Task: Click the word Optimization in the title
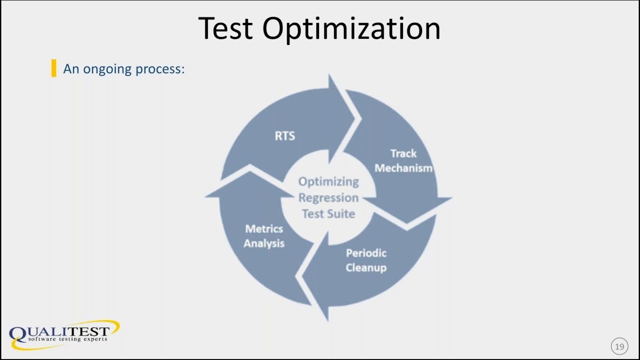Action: [351, 29]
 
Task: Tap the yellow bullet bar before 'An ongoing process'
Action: [53, 68]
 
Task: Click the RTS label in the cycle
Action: [284, 135]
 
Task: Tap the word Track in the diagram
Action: [403, 153]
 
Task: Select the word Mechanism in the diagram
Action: [403, 168]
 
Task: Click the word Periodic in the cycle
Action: [366, 253]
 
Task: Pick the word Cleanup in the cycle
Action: [366, 267]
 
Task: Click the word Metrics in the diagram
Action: [264, 229]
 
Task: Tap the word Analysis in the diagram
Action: [264, 243]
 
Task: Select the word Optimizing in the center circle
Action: [328, 181]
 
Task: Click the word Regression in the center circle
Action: [328, 197]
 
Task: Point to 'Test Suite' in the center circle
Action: [328, 213]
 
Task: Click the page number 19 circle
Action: [619, 346]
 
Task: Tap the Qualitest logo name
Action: [60, 331]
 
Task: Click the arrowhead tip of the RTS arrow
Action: [356, 119]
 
